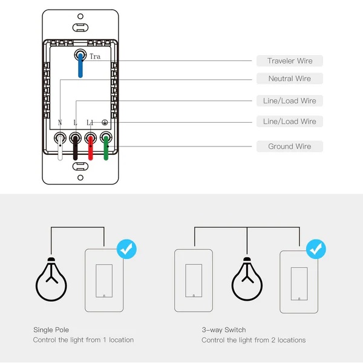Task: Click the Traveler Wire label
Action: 290,60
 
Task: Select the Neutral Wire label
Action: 290,79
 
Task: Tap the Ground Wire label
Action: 290,146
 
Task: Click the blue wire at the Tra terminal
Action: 80,67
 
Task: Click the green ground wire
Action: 105,149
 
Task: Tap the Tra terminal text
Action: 95,56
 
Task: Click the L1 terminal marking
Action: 90,123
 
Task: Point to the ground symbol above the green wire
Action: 105,123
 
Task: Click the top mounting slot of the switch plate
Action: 80,27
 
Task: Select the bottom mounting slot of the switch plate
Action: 80,177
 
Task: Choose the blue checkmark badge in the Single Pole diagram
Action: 126,248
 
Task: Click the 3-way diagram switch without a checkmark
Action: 193,280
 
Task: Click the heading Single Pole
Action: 51,330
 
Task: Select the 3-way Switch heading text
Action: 223,330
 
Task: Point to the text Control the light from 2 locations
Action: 253,340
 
